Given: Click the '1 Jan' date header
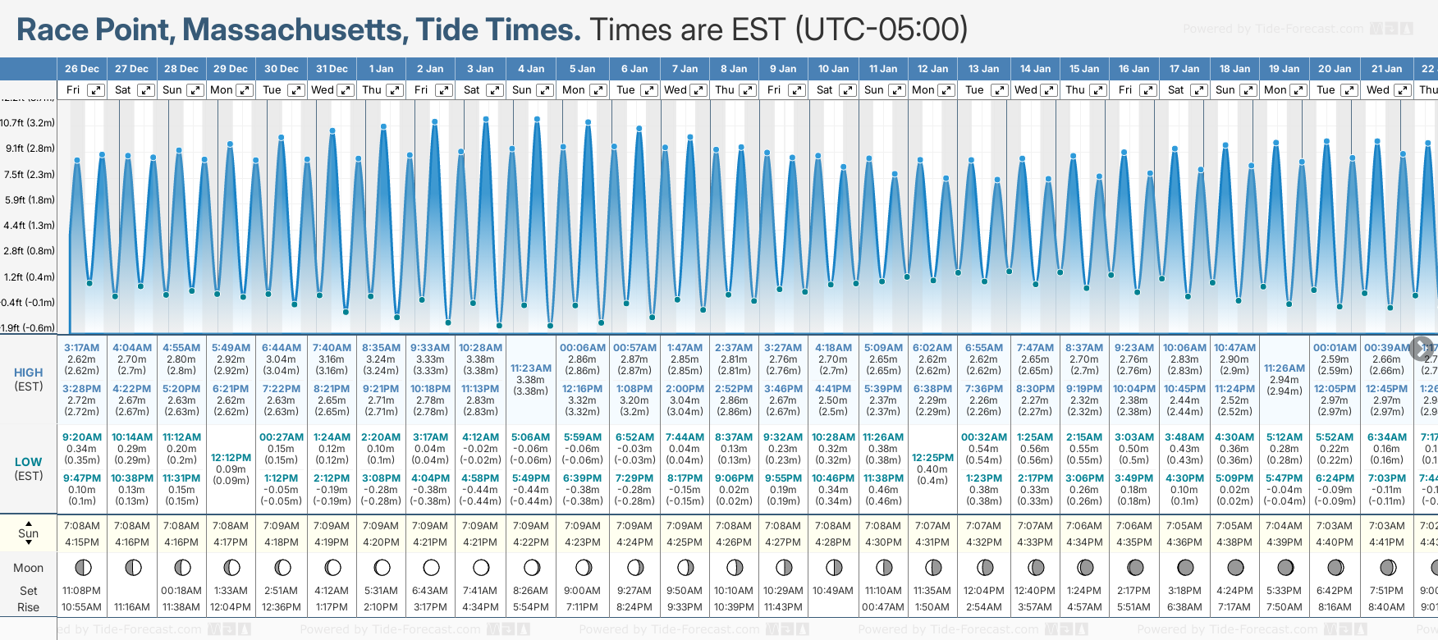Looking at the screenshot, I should [381, 69].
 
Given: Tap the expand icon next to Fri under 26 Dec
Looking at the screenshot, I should [96, 90].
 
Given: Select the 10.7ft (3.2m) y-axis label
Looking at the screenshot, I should [28, 123].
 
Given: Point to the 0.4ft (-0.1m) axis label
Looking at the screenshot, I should [28, 302].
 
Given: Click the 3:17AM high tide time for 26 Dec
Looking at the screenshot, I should [81, 348].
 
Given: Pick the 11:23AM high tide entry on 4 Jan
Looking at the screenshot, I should [530, 368].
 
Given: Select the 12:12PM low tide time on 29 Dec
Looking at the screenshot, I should [231, 458].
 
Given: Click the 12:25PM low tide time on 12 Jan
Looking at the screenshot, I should [932, 458].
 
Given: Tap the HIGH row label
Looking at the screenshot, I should [28, 373].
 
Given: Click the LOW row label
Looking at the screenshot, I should [28, 462].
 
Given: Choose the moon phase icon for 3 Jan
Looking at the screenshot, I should [481, 567].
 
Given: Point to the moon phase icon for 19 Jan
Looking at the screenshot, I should [1285, 567].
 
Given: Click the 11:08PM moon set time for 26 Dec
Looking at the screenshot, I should [81, 591].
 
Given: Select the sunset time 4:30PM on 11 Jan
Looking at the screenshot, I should [882, 542].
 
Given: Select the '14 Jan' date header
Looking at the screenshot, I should [1035, 69].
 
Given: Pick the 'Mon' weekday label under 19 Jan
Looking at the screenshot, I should [1275, 90].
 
